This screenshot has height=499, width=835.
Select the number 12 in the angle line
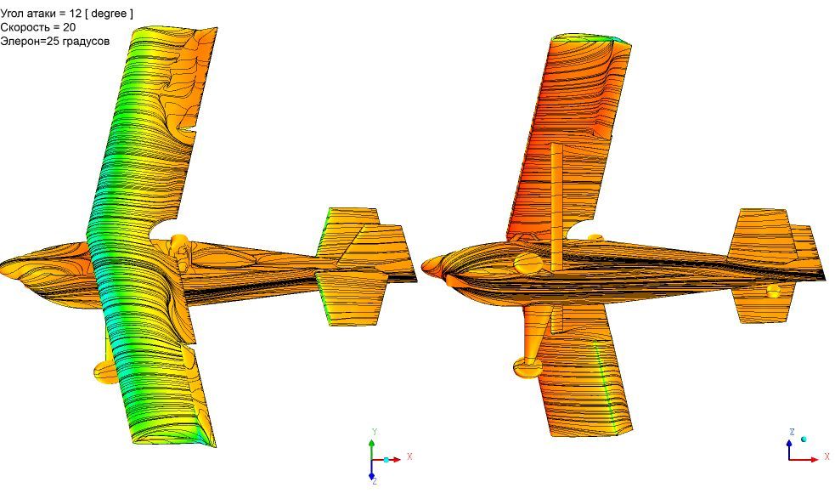click(x=75, y=14)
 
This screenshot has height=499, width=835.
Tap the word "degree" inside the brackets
click(x=109, y=14)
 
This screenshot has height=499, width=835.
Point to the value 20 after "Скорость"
click(x=69, y=27)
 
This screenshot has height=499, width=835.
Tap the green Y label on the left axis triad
click(x=375, y=431)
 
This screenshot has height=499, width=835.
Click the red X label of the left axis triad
click(x=409, y=456)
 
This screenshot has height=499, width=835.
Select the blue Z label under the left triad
click(x=375, y=481)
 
